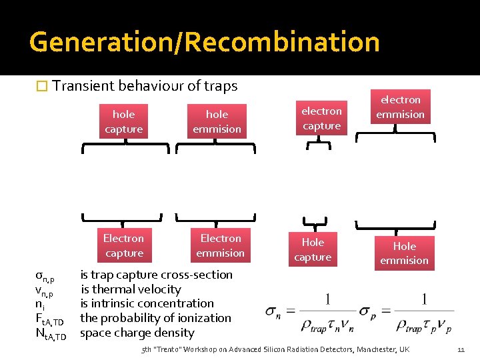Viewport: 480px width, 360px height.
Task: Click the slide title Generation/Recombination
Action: [x=204, y=41]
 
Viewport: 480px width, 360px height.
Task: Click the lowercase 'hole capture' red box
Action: [x=124, y=121]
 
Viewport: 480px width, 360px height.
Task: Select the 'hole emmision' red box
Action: [x=217, y=121]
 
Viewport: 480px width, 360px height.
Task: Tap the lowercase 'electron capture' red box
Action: [x=321, y=118]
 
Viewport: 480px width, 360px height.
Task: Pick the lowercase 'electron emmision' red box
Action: [x=400, y=107]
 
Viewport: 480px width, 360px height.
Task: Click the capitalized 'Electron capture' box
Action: [x=124, y=245]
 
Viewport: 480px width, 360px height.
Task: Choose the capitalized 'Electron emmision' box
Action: [x=221, y=245]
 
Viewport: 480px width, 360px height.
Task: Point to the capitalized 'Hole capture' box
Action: [x=313, y=249]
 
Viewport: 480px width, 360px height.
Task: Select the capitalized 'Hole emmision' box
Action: [x=404, y=253]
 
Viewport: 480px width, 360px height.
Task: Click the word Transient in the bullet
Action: [x=83, y=86]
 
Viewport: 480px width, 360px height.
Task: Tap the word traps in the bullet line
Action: [x=221, y=86]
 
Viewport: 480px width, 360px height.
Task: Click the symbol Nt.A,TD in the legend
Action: [x=50, y=335]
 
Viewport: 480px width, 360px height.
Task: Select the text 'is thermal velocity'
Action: [x=131, y=289]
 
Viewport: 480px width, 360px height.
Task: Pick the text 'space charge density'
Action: [x=137, y=333]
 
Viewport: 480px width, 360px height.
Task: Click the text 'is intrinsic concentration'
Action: [x=147, y=303]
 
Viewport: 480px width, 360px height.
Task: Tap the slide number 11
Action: [x=461, y=349]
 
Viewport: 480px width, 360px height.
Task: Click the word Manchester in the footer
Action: [x=373, y=349]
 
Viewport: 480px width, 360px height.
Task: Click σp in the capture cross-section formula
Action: [x=367, y=312]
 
